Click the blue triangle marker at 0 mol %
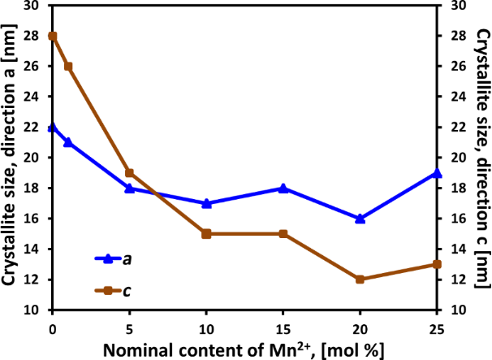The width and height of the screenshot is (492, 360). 53,128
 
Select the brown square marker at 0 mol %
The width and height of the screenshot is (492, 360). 53,36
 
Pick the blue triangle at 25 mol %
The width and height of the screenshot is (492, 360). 437,173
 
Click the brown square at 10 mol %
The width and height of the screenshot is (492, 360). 206,233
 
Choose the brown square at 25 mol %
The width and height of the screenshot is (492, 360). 437,264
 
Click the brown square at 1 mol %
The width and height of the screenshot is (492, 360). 68,67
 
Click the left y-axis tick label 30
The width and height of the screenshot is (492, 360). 33,6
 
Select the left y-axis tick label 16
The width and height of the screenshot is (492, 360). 33,219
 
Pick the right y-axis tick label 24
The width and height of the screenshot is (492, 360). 458,97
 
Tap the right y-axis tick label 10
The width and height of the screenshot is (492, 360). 458,310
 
